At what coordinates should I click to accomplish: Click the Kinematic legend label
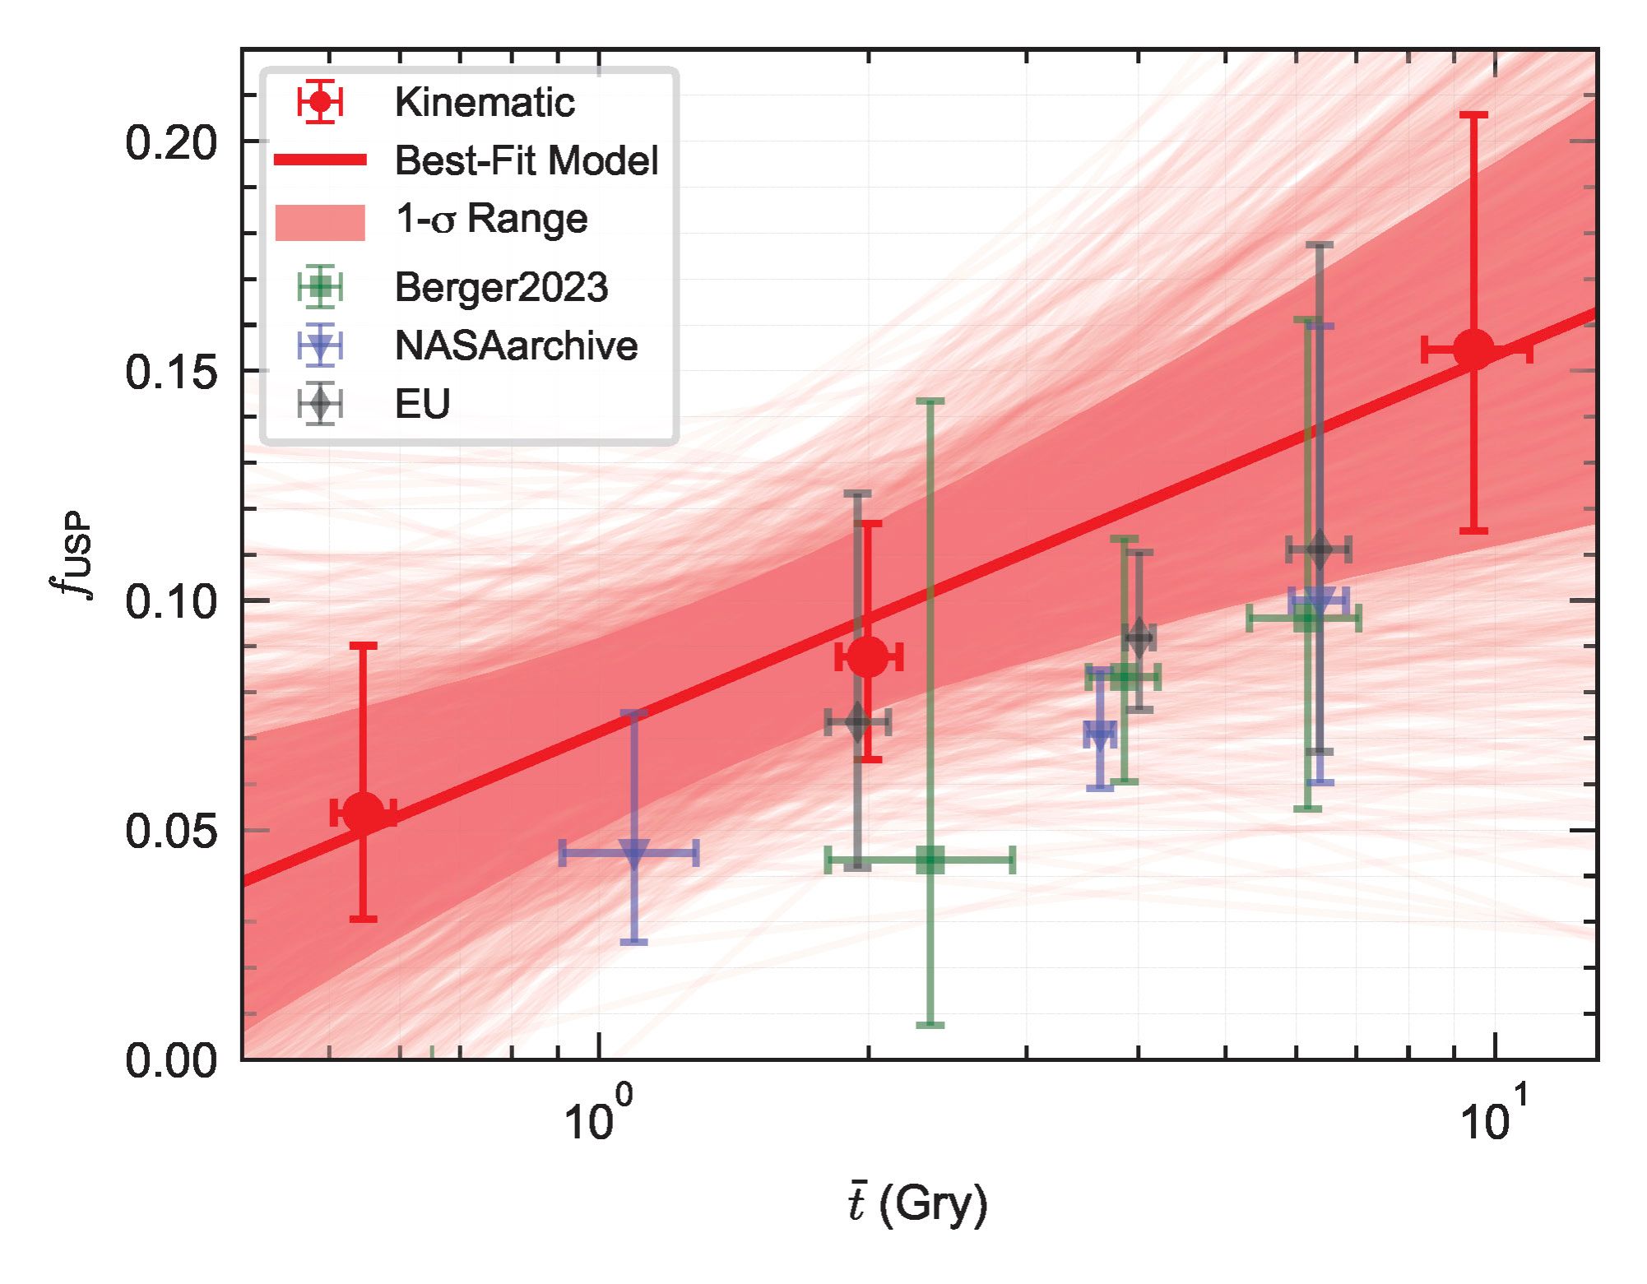[484, 103]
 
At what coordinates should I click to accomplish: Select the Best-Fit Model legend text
[526, 160]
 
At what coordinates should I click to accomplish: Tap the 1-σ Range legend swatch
[320, 222]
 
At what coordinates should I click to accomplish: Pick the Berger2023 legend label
[501, 287]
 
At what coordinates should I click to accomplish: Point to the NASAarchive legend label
[516, 345]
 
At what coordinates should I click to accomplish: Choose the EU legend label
[422, 404]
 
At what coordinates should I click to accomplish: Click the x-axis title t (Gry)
[917, 1205]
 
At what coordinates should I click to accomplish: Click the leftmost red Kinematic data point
[364, 813]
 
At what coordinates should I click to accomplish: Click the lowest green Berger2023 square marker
[930, 860]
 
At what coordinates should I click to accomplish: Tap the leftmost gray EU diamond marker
[858, 723]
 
